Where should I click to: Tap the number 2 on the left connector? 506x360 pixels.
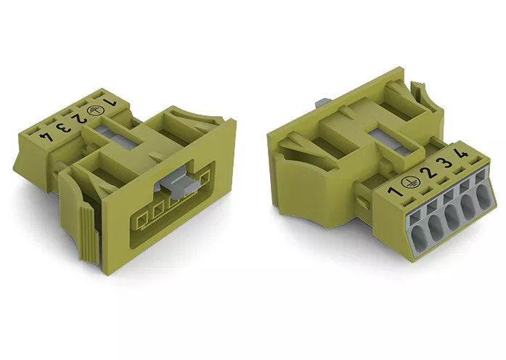point(78,119)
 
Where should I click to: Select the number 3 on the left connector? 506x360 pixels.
point(62,127)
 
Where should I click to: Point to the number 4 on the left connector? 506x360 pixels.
point(46,136)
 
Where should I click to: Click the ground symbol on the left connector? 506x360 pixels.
point(94,110)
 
